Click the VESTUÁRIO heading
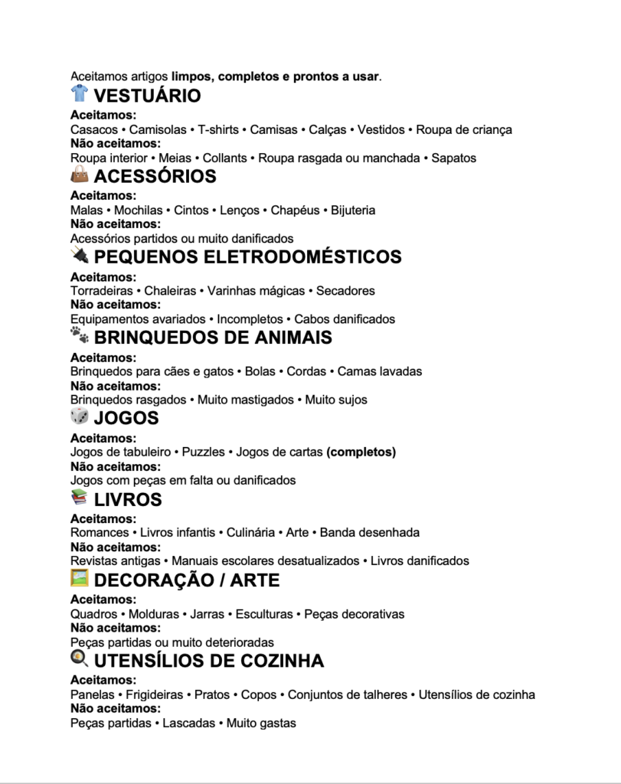tap(147, 96)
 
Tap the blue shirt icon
tap(80, 94)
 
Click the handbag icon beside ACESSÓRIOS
tap(80, 175)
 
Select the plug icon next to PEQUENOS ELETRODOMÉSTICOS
tap(80, 256)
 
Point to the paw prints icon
tap(80, 335)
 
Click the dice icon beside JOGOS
tap(80, 416)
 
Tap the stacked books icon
tap(80, 498)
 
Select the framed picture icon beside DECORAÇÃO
tap(80, 579)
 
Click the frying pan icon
tap(80, 658)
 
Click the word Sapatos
tap(453, 158)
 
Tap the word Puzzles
tap(203, 452)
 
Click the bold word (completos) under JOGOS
tap(361, 452)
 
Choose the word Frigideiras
tap(155, 695)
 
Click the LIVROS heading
tap(128, 500)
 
